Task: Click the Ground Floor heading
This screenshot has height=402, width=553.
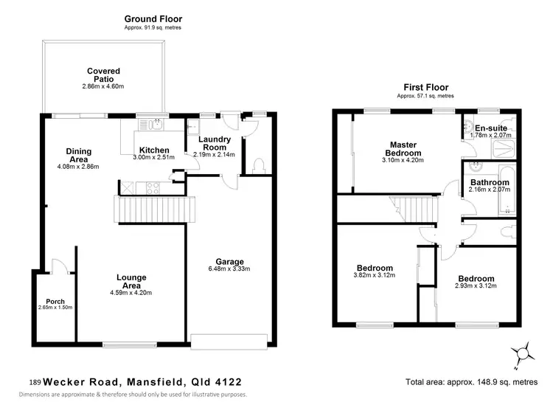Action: click(x=153, y=18)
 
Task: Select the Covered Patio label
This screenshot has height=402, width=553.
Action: click(x=103, y=75)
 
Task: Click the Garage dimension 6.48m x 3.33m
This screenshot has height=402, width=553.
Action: click(x=229, y=269)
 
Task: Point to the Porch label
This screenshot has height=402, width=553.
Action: click(x=55, y=301)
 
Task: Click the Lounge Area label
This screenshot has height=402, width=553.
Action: click(x=131, y=281)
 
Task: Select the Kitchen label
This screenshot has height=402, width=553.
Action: click(x=154, y=150)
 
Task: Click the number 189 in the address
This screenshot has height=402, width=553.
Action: click(x=35, y=383)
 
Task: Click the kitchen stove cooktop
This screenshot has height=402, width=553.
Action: click(x=154, y=187)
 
